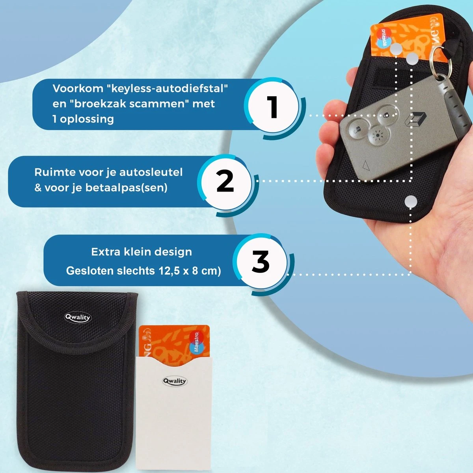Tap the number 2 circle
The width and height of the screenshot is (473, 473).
pyautogui.click(x=225, y=182)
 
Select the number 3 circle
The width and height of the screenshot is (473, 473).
pyautogui.click(x=261, y=262)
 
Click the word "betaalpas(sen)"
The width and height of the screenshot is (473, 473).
pyautogui.click(x=130, y=188)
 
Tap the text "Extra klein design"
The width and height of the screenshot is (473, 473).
pyautogui.click(x=142, y=252)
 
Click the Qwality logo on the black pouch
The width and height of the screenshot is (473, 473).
pyautogui.click(x=78, y=317)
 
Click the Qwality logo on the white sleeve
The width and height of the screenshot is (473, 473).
pyautogui.click(x=175, y=381)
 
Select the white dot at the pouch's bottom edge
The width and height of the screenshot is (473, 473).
pyautogui.click(x=411, y=202)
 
